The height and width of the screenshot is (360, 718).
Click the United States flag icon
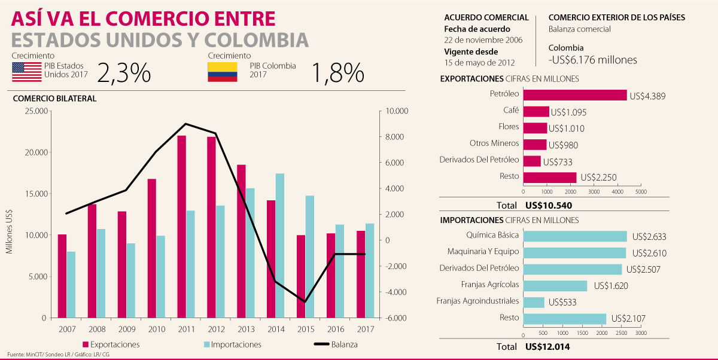coord(26,72)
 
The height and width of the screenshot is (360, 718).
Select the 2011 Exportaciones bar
coord(181,226)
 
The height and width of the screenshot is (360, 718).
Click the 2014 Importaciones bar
coord(280,245)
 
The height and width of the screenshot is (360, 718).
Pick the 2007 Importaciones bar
coord(71,285)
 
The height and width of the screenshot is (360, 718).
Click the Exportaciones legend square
coord(86,344)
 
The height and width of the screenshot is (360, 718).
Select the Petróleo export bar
coord(574,95)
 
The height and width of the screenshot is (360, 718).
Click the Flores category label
coord(509,127)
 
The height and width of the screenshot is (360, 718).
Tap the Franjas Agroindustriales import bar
coord(534,302)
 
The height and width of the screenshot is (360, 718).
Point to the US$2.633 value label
coord(647,237)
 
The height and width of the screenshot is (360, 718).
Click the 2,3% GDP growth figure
coord(123,73)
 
